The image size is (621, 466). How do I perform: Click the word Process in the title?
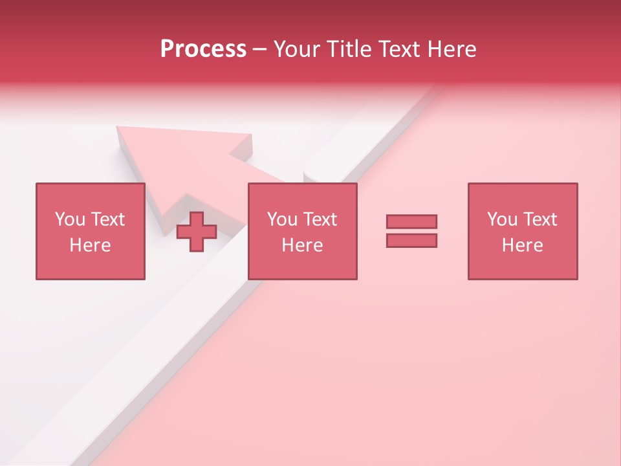(x=203, y=49)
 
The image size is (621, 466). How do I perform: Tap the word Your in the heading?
(x=298, y=49)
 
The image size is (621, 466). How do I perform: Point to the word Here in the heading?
(x=452, y=49)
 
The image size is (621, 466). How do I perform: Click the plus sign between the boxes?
(x=197, y=232)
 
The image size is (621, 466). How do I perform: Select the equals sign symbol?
(x=411, y=231)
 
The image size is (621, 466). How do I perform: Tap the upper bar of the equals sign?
(x=411, y=221)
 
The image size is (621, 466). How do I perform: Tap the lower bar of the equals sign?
(x=411, y=240)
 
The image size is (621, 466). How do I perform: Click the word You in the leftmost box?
(x=70, y=219)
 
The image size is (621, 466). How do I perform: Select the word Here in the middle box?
(x=302, y=245)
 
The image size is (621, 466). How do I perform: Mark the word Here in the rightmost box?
(x=522, y=245)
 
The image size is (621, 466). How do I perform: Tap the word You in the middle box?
(x=282, y=219)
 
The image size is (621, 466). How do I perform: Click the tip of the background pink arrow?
(x=119, y=128)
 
